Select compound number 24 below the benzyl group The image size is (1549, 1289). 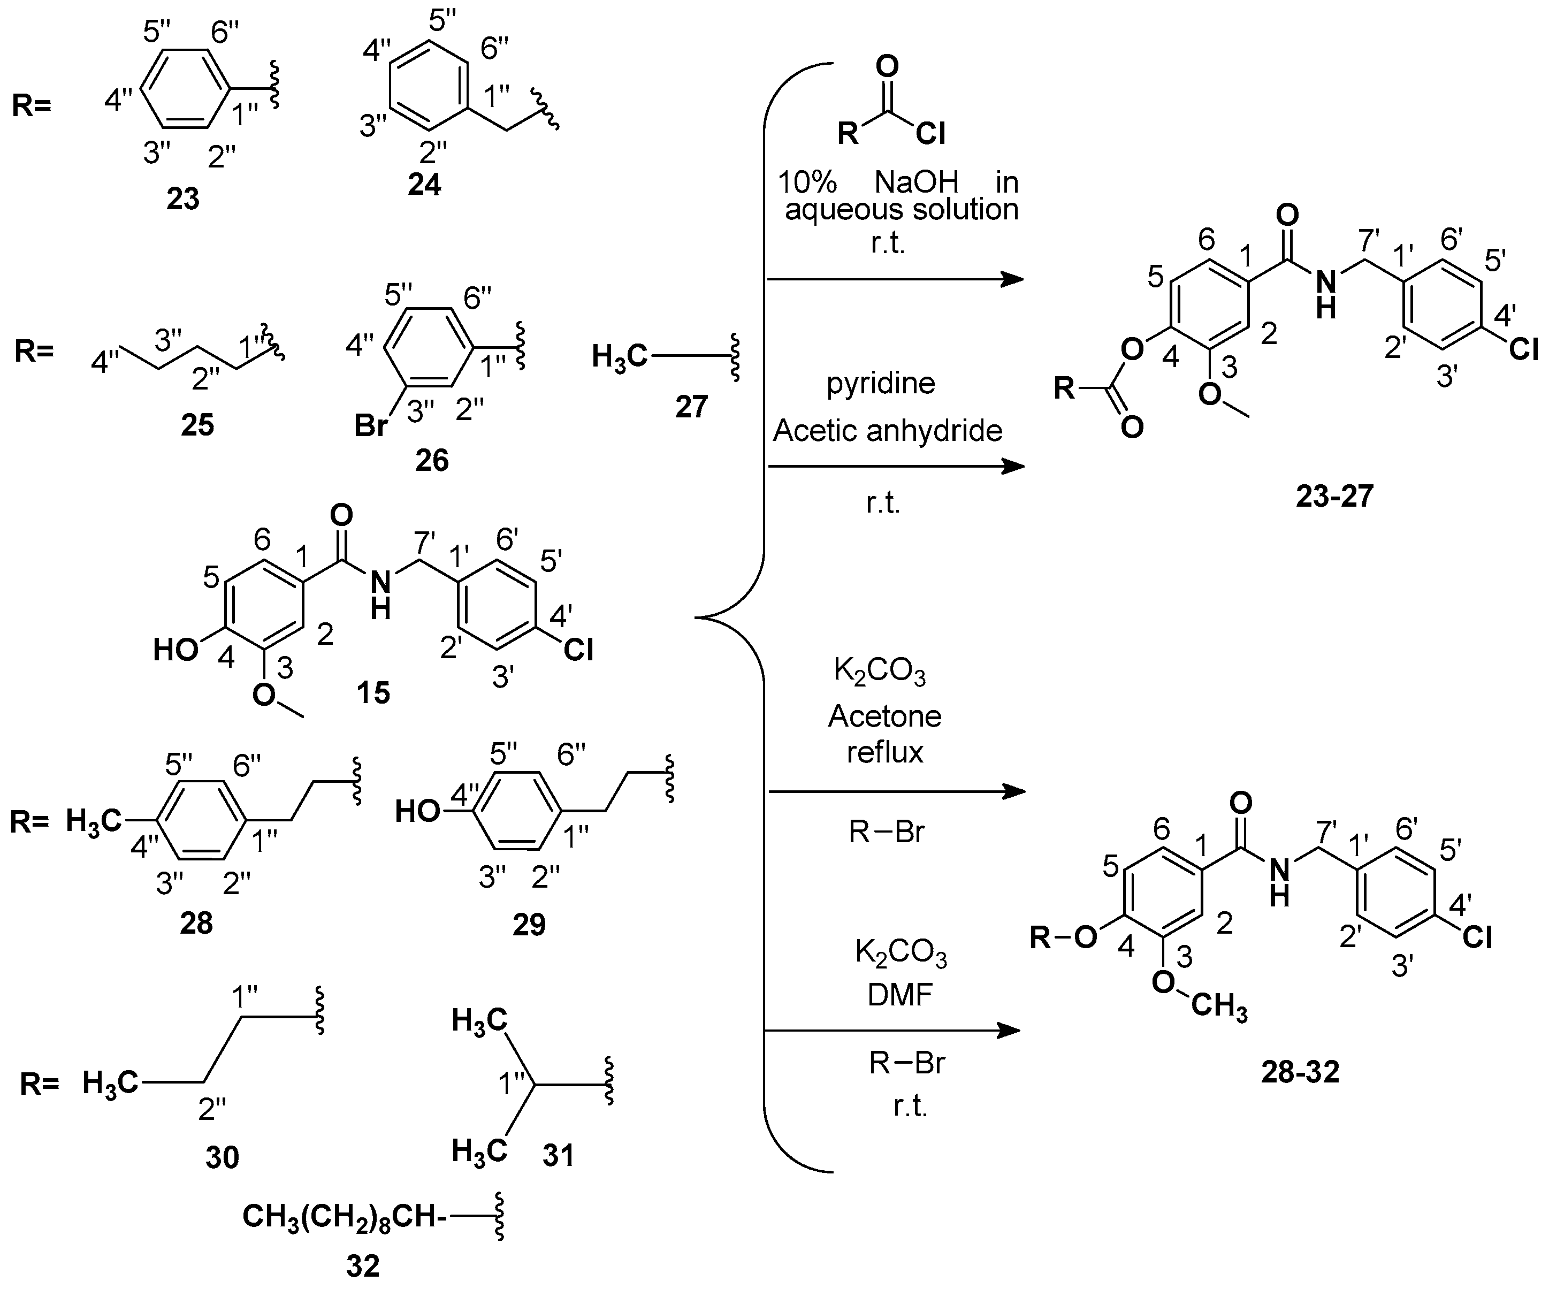[x=424, y=184]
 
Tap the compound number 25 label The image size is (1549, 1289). [x=197, y=424]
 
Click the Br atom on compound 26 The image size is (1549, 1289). [x=371, y=426]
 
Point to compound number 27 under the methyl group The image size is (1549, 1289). [x=691, y=407]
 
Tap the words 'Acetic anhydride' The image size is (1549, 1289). [x=887, y=430]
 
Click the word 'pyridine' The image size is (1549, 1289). [x=881, y=383]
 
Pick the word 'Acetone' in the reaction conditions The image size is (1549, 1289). [x=884, y=716]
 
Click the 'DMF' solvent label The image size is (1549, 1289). [x=900, y=995]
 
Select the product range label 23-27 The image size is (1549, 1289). [x=1334, y=496]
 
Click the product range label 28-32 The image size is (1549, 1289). [x=1300, y=1071]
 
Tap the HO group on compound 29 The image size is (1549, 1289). [x=417, y=812]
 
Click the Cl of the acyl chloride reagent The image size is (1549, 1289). [x=931, y=134]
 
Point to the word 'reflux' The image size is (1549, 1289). [x=885, y=752]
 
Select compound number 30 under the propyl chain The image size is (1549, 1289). [x=222, y=1158]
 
